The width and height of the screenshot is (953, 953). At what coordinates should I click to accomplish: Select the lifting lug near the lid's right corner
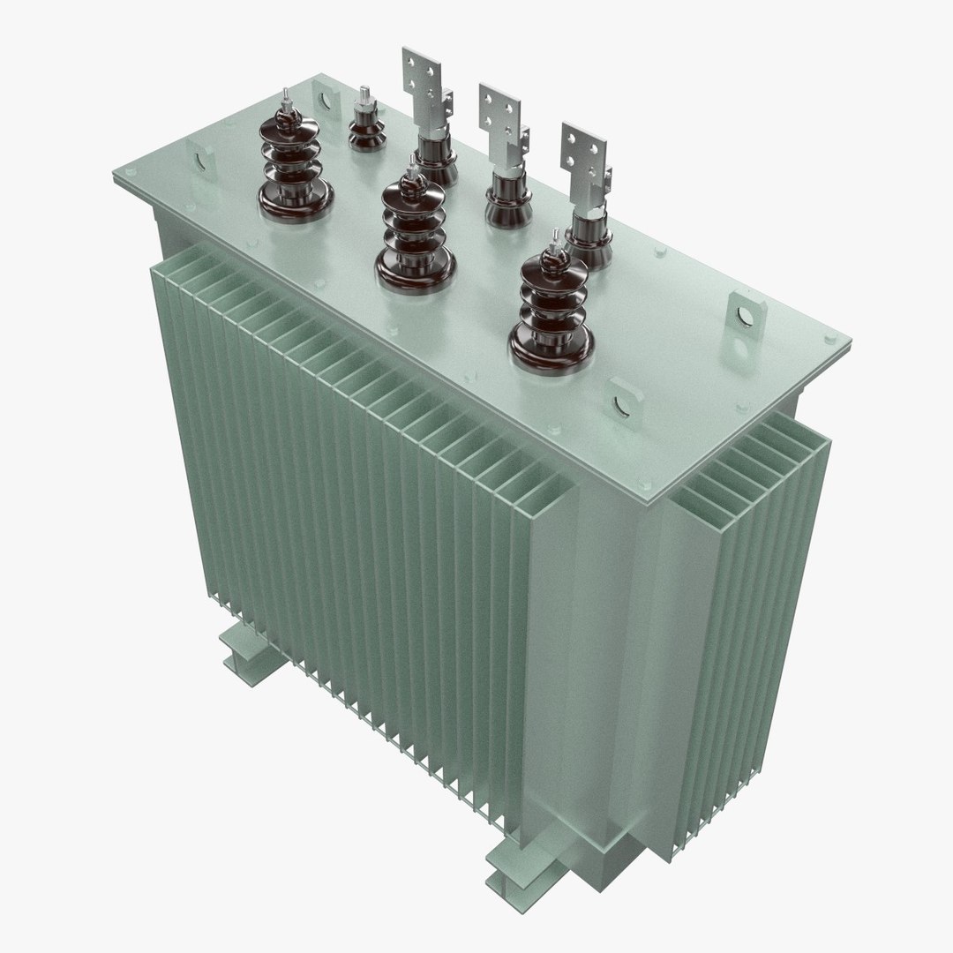(742, 316)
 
